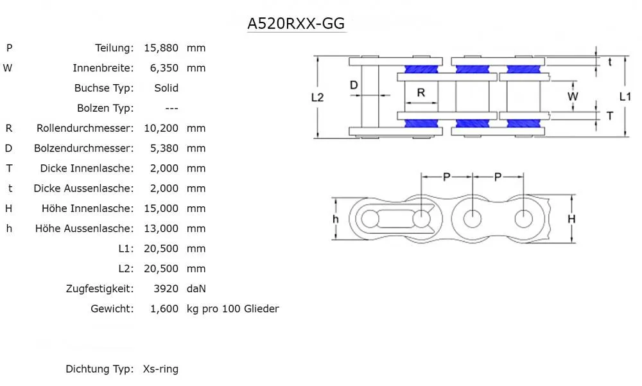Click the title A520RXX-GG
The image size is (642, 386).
pyautogui.click(x=297, y=24)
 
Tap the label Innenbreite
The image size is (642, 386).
pyautogui.click(x=103, y=68)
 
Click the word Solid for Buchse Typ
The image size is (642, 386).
pyautogui.click(x=166, y=88)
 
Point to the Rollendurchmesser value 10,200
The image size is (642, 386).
pyautogui.click(x=160, y=128)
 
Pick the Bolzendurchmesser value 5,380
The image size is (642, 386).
pyautogui.click(x=163, y=148)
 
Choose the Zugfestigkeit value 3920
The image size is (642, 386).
pyautogui.click(x=166, y=289)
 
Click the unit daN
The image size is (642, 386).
pyautogui.click(x=196, y=289)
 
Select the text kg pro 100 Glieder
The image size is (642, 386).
pyautogui.click(x=232, y=309)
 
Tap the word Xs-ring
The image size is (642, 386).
pyautogui.click(x=160, y=369)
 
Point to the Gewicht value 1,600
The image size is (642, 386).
pyautogui.click(x=164, y=309)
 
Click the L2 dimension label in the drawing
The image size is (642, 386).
pyautogui.click(x=317, y=98)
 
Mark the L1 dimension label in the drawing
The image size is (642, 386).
pyautogui.click(x=625, y=96)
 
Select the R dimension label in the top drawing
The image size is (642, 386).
pyautogui.click(x=421, y=92)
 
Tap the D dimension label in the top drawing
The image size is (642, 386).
pyautogui.click(x=354, y=85)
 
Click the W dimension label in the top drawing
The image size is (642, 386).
pyautogui.click(x=573, y=96)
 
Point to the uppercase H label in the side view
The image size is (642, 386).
pyautogui.click(x=571, y=219)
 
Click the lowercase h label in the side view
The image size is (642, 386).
pyautogui.click(x=335, y=219)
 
